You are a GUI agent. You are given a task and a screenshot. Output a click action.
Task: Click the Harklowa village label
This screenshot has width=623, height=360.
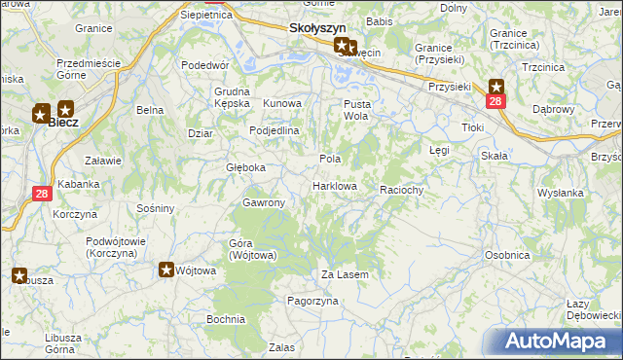pos(334,186)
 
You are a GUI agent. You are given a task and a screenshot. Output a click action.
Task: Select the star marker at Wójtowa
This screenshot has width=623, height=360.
pos(166,270)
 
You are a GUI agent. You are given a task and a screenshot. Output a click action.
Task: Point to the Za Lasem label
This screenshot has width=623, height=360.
pos(345,275)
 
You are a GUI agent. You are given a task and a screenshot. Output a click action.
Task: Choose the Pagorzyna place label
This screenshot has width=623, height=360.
pos(311,302)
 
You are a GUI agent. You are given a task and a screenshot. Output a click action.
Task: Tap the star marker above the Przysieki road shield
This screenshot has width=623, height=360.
pos(495,86)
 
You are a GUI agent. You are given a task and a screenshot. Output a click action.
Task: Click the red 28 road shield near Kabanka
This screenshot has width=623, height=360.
pos(42,194)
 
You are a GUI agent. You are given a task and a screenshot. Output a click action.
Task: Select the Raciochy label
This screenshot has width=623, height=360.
pos(402,191)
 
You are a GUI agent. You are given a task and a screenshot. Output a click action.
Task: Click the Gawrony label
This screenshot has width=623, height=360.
pos(263,202)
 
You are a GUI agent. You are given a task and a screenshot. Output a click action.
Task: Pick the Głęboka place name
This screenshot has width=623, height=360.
pos(245,167)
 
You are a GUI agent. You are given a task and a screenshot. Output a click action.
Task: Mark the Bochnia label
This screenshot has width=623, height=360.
pos(225,319)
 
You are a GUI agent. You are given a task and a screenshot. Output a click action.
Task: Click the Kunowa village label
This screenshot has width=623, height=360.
pos(282,103)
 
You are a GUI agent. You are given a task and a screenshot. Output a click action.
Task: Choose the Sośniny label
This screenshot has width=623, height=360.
pos(156,208)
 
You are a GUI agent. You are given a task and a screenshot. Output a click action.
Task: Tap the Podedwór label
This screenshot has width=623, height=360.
pos(204,65)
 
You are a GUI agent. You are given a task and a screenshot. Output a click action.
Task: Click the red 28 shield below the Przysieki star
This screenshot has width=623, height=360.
pos(495,101)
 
